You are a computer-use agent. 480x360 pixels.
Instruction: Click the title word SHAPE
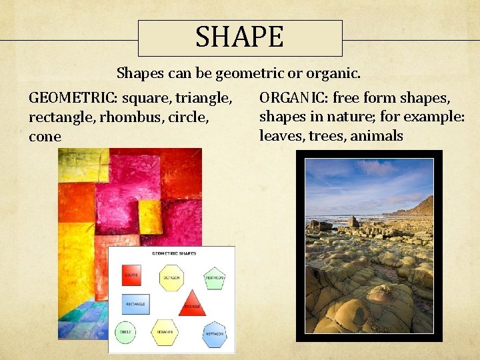pos(239,37)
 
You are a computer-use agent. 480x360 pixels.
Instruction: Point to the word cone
pos(45,137)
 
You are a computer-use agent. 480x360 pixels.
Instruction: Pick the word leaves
pos(279,136)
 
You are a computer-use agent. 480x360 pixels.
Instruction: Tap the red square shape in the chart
pos(131,275)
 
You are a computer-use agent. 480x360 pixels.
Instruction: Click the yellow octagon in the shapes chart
pos(171,277)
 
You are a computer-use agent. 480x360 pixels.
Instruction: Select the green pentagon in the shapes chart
pos(215,277)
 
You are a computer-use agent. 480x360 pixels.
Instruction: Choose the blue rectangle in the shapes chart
pos(135,304)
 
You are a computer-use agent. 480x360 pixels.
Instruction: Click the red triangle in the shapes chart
pos(192,304)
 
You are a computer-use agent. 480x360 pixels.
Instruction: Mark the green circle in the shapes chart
pos(125,331)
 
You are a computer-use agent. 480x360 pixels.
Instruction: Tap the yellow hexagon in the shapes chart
pos(165,331)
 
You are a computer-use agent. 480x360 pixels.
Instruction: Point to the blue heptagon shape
pos(214,334)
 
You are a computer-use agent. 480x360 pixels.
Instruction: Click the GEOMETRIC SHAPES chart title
pos(171,253)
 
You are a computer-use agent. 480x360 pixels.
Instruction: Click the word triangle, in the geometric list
pos(204,98)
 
